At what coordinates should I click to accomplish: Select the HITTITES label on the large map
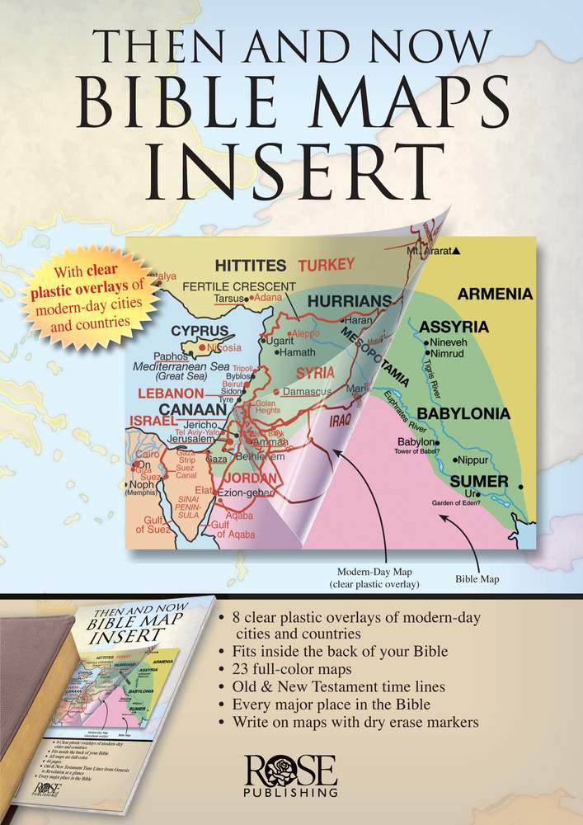[x=250, y=266]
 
